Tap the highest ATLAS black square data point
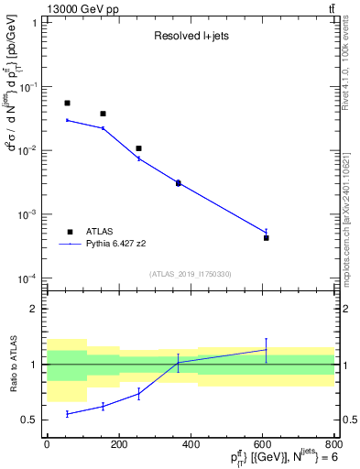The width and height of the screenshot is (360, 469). point(67,103)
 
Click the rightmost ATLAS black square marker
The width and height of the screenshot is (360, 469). point(266,237)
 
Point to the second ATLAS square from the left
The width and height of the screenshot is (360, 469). point(103,114)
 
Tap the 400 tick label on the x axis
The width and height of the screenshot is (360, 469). point(191,443)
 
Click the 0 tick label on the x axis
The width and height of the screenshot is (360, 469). point(47,443)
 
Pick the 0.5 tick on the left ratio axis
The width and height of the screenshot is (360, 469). point(33,420)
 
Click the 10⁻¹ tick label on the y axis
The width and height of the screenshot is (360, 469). point(30,86)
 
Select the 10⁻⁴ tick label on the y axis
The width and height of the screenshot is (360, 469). point(30,278)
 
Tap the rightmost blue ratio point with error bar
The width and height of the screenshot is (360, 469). point(266,350)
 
